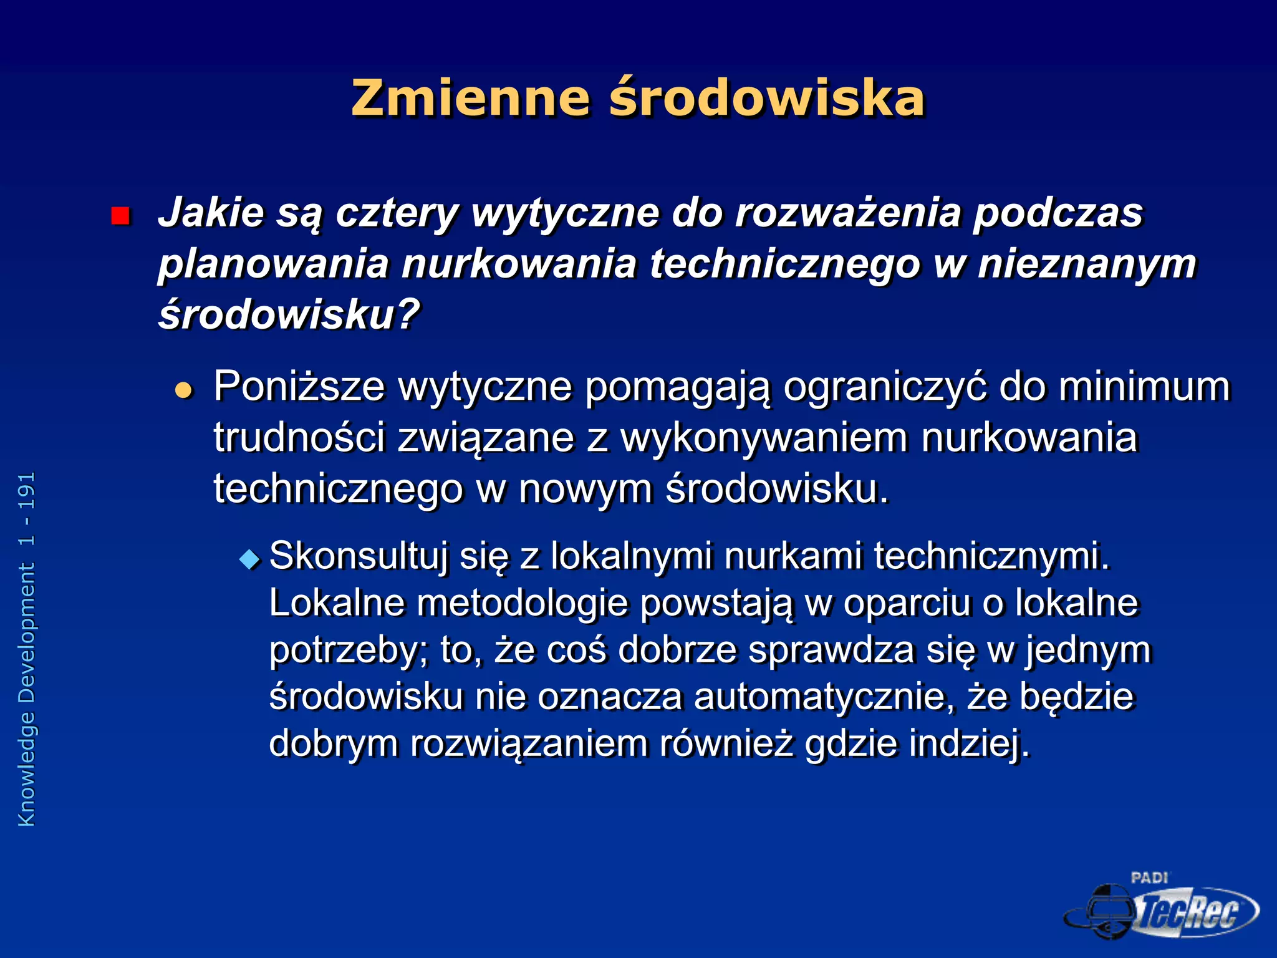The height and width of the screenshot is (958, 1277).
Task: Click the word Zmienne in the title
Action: (x=470, y=99)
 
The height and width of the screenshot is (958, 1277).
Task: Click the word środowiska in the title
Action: (x=766, y=99)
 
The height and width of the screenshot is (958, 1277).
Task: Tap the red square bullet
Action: (x=120, y=216)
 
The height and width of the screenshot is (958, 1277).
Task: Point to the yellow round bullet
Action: (x=184, y=391)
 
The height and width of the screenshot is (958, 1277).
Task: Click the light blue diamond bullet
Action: (x=250, y=559)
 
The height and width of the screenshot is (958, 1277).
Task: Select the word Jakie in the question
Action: (x=211, y=213)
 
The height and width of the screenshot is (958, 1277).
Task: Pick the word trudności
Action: (x=299, y=437)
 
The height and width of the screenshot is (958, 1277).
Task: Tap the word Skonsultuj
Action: (x=359, y=556)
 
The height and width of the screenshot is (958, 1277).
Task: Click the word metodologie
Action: (x=523, y=604)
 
